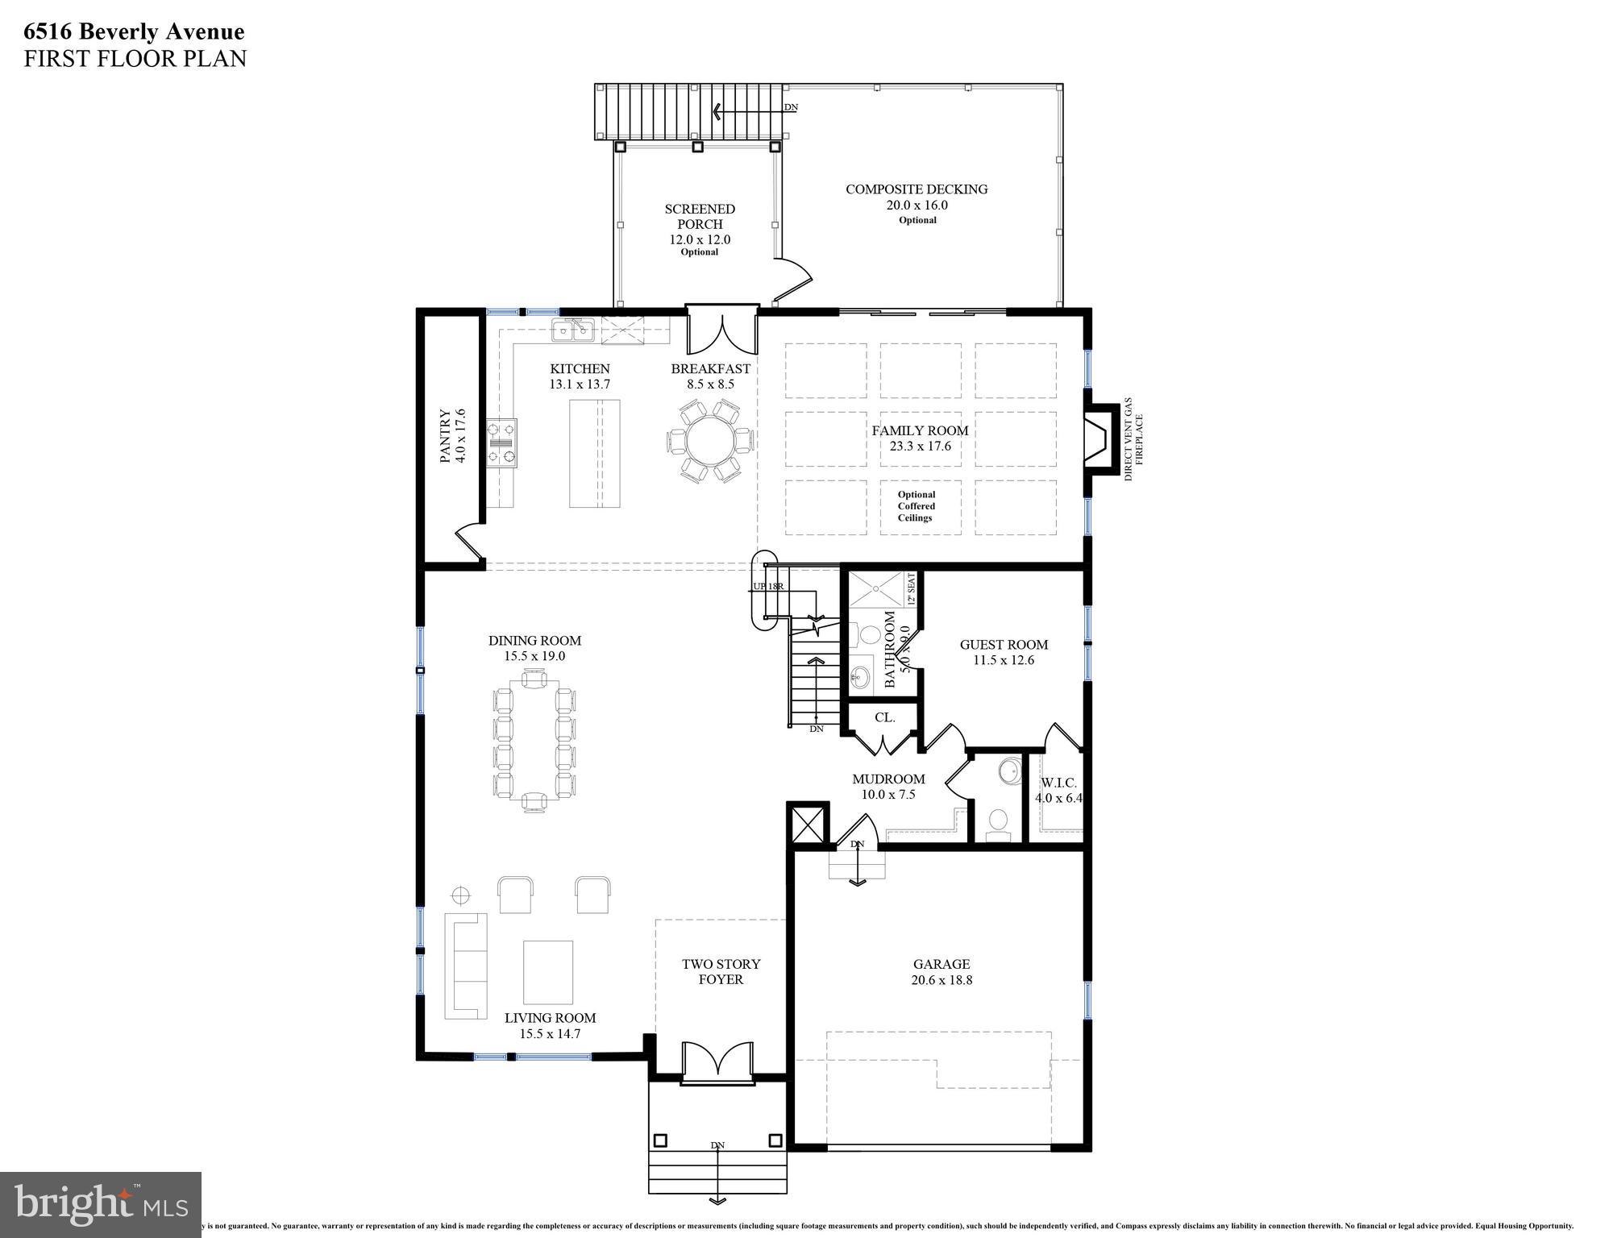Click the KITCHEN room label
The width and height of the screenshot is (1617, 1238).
580,369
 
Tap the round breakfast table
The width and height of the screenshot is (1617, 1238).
710,442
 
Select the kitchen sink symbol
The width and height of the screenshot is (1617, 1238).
573,329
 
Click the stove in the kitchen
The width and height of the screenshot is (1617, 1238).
501,442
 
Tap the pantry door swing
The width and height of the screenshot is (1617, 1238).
470,541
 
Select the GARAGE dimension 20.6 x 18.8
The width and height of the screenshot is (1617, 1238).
941,980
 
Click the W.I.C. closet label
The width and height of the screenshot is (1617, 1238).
1058,783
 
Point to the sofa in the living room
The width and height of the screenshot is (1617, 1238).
466,965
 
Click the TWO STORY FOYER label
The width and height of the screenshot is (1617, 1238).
721,971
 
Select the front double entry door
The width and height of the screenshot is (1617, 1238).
717,1062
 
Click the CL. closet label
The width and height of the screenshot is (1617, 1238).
884,717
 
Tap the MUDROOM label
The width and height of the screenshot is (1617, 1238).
888,779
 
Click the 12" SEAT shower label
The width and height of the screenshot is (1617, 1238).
912,589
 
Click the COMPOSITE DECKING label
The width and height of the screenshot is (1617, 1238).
916,189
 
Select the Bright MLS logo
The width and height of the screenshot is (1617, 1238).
101,1203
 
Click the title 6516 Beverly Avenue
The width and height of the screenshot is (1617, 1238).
134,32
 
